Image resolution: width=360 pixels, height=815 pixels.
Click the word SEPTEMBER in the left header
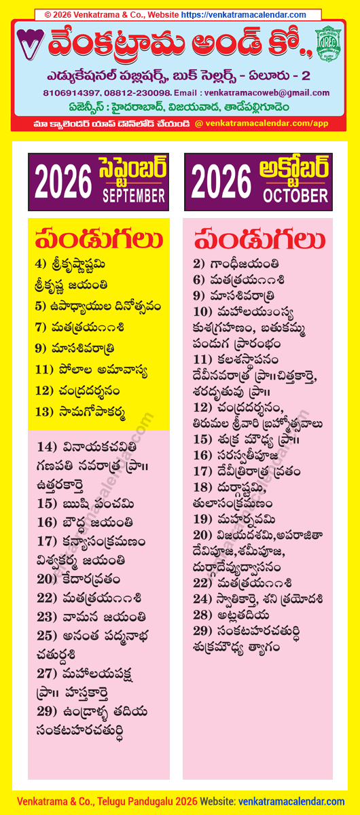point(134,196)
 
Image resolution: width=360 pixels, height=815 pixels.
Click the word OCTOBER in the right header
point(295,196)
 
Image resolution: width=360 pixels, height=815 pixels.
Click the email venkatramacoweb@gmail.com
point(262,92)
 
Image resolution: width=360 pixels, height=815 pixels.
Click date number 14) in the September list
point(47,447)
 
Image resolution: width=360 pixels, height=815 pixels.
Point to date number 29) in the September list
point(47,711)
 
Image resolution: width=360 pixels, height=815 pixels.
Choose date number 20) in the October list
point(203,534)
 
